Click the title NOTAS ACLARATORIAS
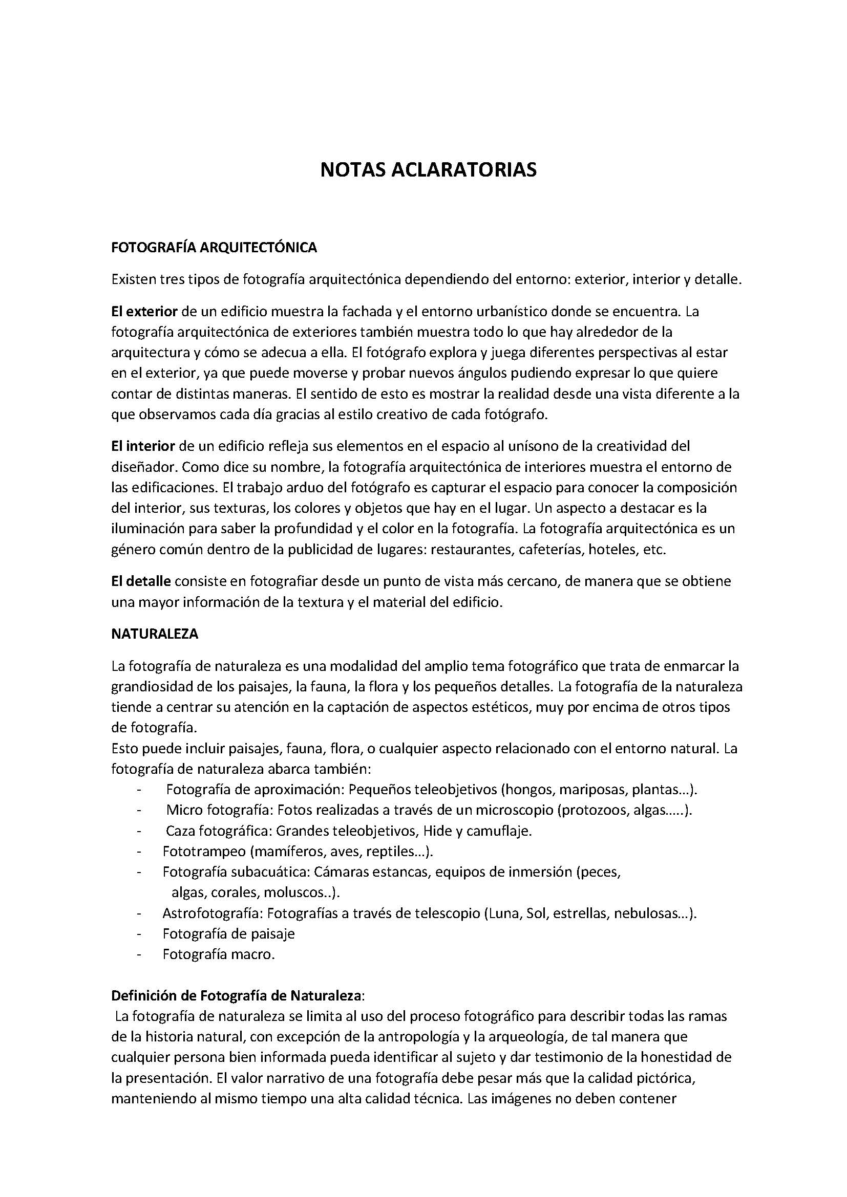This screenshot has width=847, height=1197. (428, 170)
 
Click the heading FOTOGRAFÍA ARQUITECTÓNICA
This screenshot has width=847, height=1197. (214, 247)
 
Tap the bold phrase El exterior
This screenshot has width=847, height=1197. (144, 312)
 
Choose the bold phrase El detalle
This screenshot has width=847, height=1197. (141, 581)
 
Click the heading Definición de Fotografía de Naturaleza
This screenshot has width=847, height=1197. (236, 995)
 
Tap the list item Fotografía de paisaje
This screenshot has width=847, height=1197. (228, 933)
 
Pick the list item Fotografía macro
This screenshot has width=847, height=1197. (218, 954)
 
